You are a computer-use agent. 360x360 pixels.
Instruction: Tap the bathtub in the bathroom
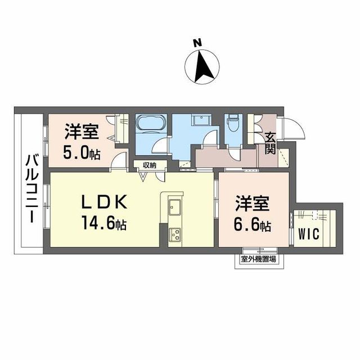click(x=150, y=124)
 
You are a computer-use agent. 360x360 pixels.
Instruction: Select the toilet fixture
click(x=232, y=123)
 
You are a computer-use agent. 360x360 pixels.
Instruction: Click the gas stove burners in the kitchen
click(x=175, y=235)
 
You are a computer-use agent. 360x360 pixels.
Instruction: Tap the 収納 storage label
click(x=149, y=165)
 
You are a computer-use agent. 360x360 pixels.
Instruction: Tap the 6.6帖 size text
click(x=253, y=226)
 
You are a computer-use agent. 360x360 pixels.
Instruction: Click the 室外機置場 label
click(x=258, y=259)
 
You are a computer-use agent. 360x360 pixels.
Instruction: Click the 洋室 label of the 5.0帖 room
click(x=82, y=133)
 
